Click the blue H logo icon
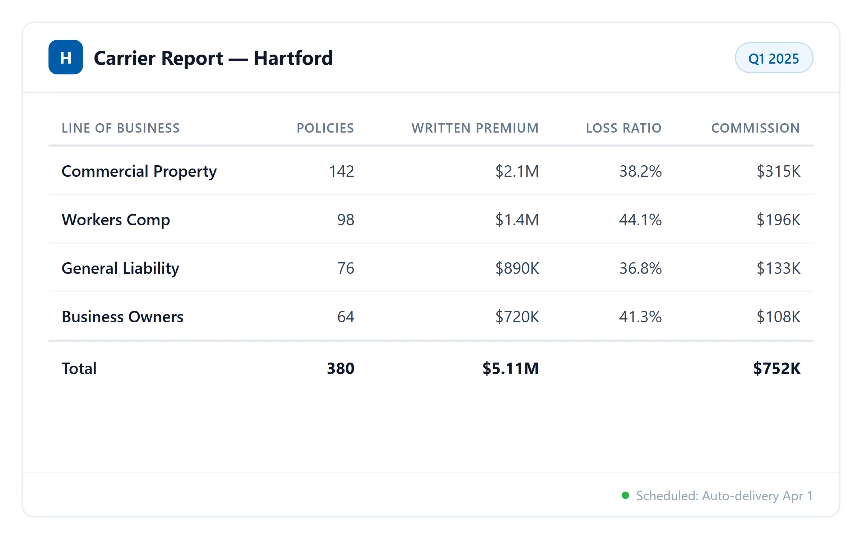(66, 57)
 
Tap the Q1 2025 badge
(774, 58)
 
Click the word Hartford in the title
(293, 58)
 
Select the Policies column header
(325, 128)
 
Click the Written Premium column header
(475, 128)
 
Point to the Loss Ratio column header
(624, 128)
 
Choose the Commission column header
(755, 128)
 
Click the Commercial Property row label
(139, 171)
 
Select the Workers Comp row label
(116, 220)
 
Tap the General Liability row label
(120, 268)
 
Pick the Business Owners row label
(122, 317)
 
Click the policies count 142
(341, 171)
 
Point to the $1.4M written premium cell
(517, 220)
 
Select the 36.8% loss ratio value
(640, 268)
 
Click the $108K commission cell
(778, 317)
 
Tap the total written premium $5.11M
(510, 369)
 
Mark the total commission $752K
(777, 369)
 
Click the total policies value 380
(340, 369)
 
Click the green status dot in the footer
(625, 496)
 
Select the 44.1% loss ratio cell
(640, 220)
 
